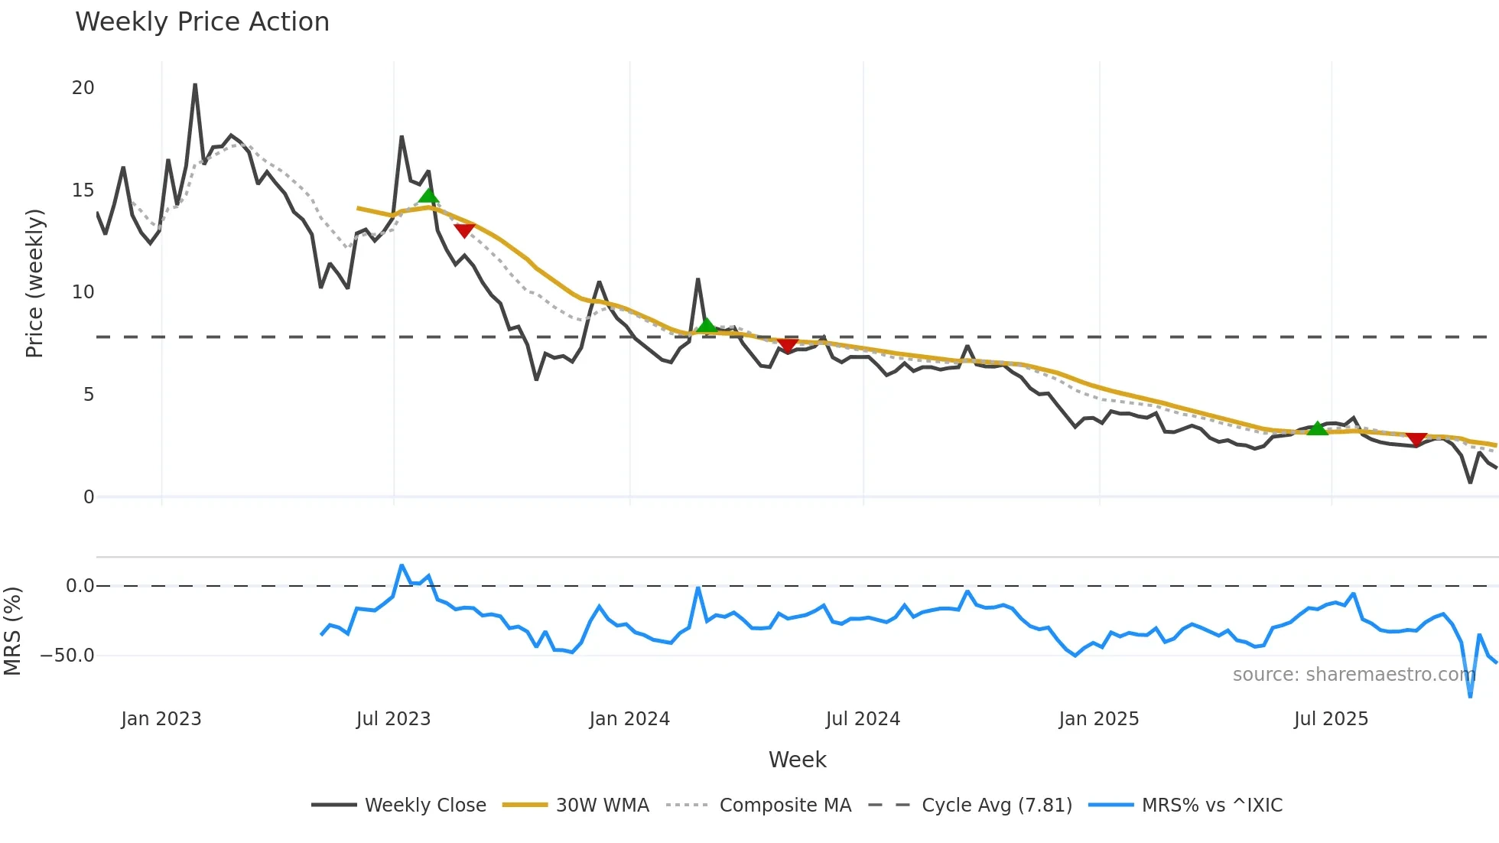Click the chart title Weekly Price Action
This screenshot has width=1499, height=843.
click(202, 21)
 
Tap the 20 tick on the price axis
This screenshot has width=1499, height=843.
click(83, 88)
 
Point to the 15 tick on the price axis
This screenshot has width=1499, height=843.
click(83, 190)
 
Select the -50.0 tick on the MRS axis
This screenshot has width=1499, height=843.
click(67, 656)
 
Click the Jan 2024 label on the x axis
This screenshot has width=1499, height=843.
click(629, 719)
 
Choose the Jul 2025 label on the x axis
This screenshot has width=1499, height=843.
click(1331, 719)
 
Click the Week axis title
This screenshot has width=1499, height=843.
click(797, 760)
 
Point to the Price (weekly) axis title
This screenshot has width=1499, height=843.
click(34, 283)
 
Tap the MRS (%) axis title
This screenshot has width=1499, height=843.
click(12, 631)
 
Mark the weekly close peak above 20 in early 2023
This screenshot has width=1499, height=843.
click(195, 85)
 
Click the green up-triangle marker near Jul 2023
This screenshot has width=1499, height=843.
click(429, 196)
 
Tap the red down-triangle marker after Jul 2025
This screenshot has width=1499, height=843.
click(1416, 439)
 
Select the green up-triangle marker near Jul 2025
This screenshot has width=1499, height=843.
click(1317, 428)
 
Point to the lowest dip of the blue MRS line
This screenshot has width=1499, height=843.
click(1470, 695)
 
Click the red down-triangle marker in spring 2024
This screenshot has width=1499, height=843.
click(788, 346)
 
